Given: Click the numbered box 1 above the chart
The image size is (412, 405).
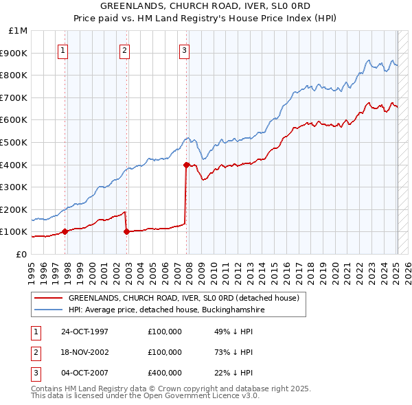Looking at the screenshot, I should tap(62, 49).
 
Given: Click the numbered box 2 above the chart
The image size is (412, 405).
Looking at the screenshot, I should tap(124, 49).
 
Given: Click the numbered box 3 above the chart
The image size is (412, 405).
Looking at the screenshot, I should tap(185, 49).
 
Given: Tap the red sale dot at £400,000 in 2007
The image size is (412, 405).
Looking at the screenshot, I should tap(186, 165).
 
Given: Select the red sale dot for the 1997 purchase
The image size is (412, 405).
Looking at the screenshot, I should tap(65, 231).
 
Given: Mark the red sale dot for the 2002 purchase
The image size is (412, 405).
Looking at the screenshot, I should tap(126, 231).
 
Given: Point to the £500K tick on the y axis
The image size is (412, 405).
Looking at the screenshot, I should tap(16, 142).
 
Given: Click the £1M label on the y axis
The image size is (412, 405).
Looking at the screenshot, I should tap(19, 31).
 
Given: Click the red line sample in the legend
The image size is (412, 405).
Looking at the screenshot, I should tap(49, 299).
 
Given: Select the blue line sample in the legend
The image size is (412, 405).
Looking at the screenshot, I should tap(49, 310).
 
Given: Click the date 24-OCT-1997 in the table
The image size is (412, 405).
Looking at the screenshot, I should tap(84, 332).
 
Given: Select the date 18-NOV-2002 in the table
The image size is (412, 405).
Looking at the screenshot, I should tap(84, 352).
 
